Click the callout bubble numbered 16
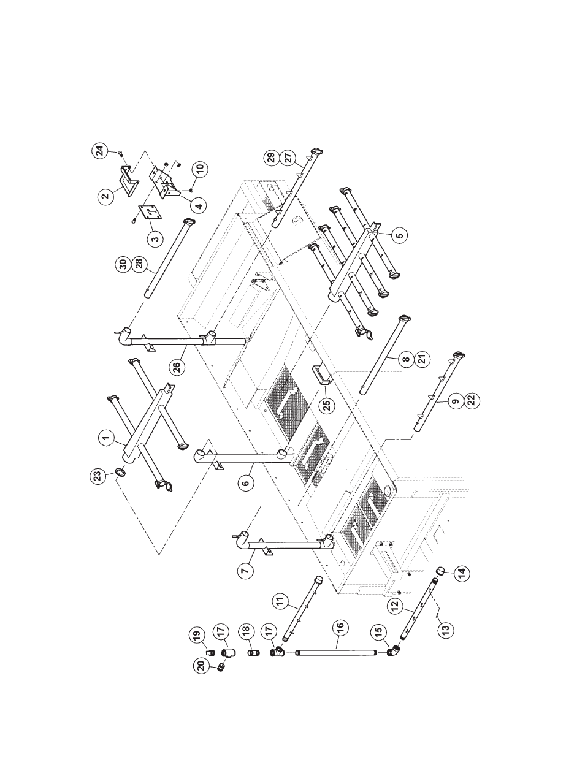point(341,627)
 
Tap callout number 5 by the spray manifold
point(399,234)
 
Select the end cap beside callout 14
point(440,571)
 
